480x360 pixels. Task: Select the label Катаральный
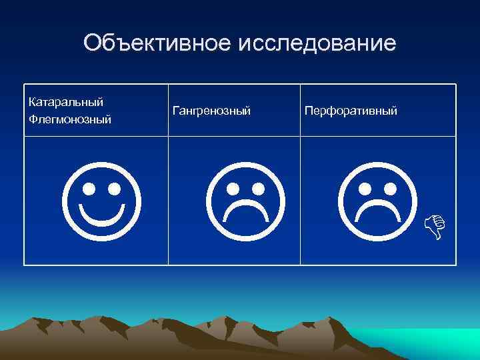click(x=66, y=103)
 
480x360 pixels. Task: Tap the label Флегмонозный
click(x=70, y=120)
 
